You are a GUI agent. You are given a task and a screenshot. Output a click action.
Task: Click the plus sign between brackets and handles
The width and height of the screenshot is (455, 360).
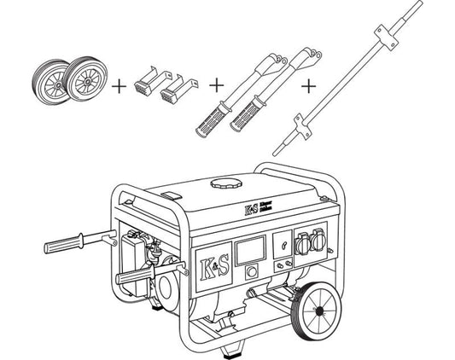point(216,85)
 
